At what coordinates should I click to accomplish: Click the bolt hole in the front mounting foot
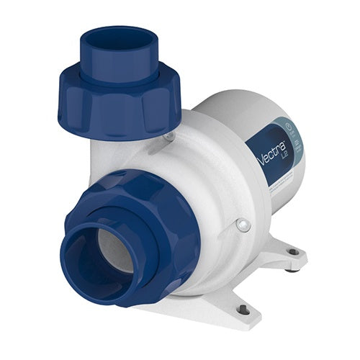pos(243,310)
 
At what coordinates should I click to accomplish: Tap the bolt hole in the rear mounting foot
pos(292,252)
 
